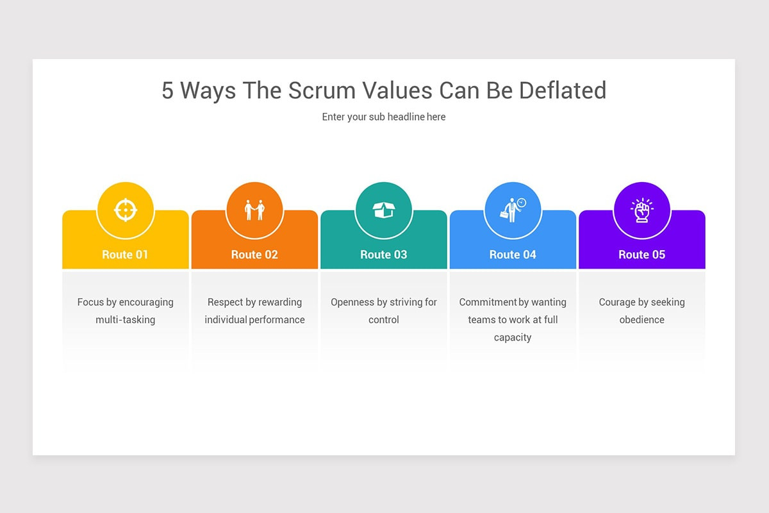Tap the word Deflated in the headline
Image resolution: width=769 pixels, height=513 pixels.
[563, 90]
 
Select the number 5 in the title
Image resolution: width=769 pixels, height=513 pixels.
[167, 90]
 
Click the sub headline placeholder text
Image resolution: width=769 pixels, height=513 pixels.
[384, 117]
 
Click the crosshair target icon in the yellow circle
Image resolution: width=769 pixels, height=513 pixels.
[126, 210]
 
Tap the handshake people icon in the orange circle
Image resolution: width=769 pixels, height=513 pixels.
[254, 210]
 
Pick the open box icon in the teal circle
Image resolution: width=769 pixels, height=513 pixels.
[384, 210]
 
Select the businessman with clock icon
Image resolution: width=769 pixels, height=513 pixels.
[513, 209]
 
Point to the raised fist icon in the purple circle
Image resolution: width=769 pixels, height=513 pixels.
[641, 210]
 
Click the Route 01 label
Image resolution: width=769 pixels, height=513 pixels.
[125, 255]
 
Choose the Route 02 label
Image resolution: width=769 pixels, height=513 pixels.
[254, 255]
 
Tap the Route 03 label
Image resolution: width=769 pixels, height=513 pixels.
[384, 255]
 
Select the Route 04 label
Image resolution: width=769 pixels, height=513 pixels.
[513, 255]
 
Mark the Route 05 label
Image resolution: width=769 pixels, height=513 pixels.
[641, 255]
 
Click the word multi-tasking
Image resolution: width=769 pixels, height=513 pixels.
[126, 319]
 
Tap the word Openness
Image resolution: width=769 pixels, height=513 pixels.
[350, 302]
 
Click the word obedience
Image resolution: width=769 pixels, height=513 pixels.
[641, 319]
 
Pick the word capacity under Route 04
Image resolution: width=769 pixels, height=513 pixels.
[513, 337]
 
